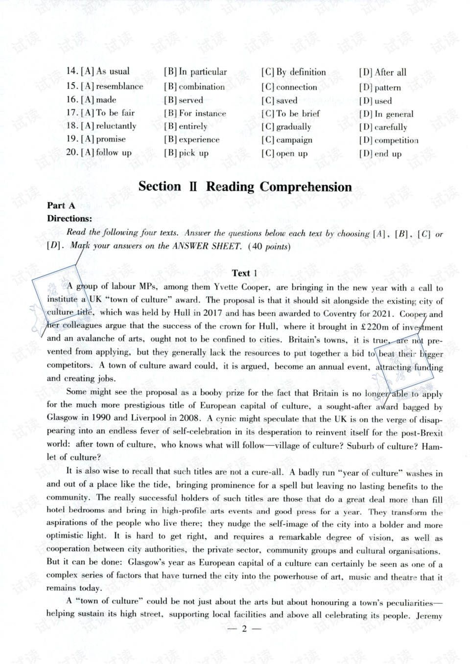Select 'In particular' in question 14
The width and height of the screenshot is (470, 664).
[202, 72]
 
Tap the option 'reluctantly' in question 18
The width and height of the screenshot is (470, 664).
[116, 126]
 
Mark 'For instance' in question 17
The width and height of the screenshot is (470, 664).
[202, 114]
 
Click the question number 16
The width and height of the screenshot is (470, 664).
[72, 99]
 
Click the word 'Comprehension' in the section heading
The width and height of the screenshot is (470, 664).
[305, 187]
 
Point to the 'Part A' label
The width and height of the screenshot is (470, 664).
[61, 206]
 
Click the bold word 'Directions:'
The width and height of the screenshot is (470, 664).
[69, 219]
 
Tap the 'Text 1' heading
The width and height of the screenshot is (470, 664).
[244, 273]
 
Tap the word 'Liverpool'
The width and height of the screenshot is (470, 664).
[147, 418]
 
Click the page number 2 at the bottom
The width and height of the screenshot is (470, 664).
[244, 629]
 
